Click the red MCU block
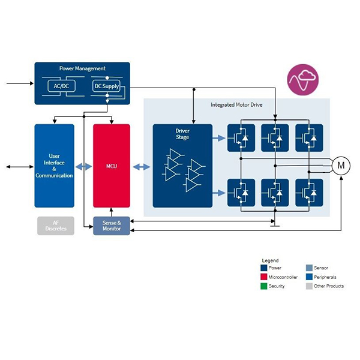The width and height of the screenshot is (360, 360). coord(112,166)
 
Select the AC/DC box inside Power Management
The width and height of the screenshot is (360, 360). coord(61,86)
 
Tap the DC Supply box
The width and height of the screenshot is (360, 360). coord(106,86)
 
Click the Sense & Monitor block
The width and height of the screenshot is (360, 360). coord(112,226)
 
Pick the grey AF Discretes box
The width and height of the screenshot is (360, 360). coord(56,226)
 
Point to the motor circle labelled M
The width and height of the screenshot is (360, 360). coord(341,166)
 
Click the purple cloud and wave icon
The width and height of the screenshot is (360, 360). coord(303,79)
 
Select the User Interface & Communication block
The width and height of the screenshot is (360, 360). coord(55,166)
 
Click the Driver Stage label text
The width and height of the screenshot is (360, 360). coord(182,134)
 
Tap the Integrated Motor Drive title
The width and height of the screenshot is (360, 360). coord(236,105)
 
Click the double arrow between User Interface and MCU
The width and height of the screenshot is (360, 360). coord(83,167)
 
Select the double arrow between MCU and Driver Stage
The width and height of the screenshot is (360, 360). coord(142,167)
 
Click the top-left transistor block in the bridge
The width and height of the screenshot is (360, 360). coord(241,138)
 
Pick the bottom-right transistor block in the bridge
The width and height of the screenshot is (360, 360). coord(309,193)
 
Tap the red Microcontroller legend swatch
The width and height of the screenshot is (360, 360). coord(264,277)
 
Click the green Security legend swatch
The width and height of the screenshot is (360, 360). coord(264,286)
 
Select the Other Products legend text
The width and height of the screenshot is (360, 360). coord(329,286)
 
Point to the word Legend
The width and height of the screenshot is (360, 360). coord(270,260)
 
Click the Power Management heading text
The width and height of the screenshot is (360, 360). coord(82,68)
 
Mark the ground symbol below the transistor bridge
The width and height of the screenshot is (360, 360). coord(275,226)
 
